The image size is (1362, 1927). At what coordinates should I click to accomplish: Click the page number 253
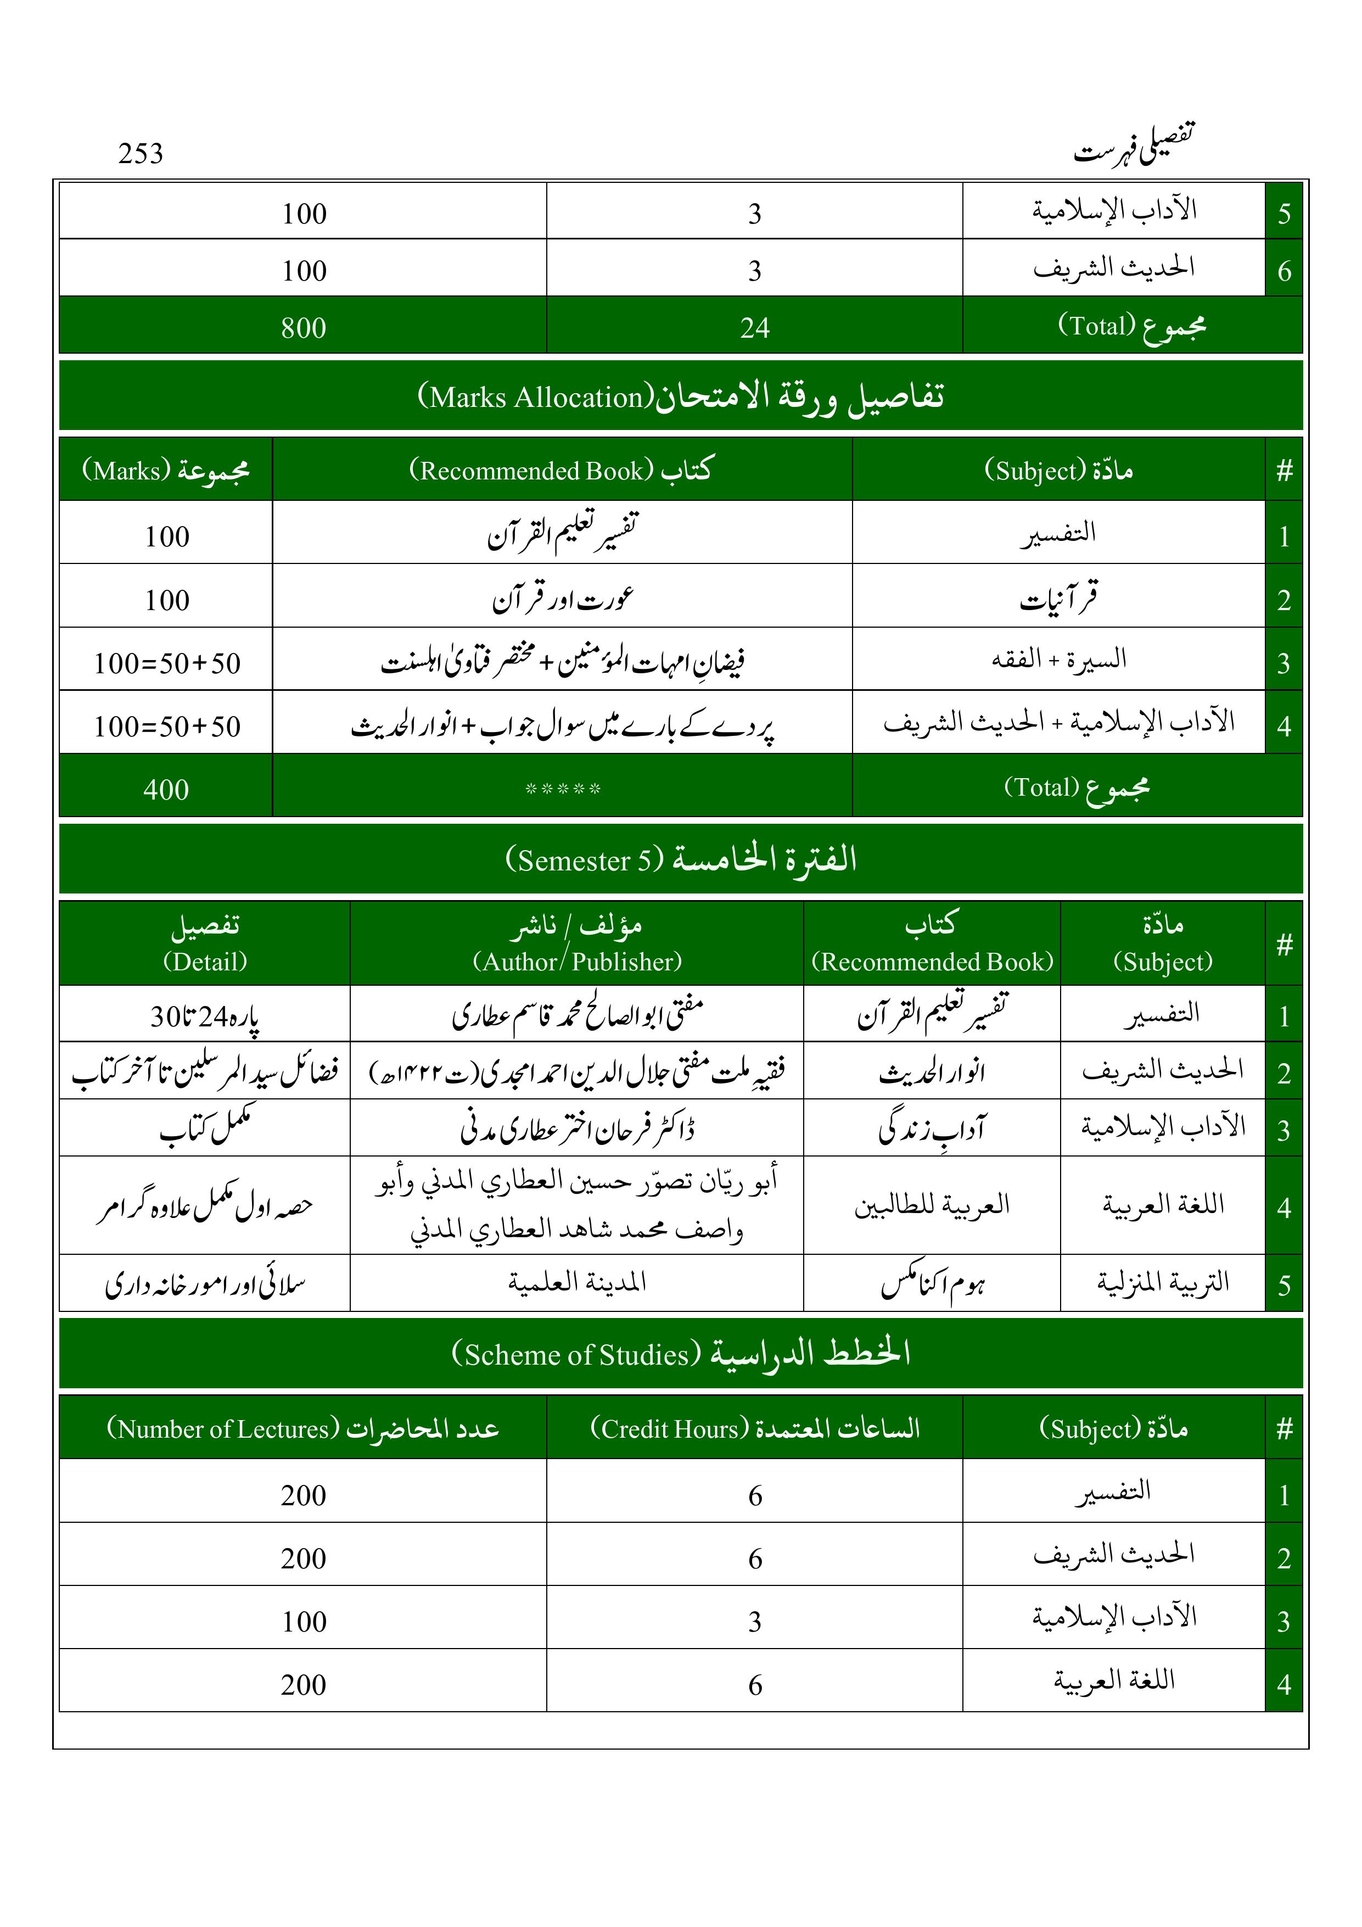click(x=140, y=154)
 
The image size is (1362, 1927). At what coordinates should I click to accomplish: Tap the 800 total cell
click(x=303, y=327)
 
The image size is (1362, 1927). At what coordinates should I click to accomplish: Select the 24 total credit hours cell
click(x=754, y=327)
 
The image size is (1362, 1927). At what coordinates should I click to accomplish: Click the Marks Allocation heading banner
click(x=681, y=396)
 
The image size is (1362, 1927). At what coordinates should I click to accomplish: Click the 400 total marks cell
click(x=166, y=789)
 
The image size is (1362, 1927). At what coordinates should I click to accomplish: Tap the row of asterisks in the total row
click(x=562, y=789)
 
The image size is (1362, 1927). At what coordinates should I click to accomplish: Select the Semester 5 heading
click(x=681, y=859)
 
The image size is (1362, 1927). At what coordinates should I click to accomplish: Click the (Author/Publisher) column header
click(x=578, y=961)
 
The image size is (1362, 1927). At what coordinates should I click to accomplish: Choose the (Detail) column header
click(x=205, y=961)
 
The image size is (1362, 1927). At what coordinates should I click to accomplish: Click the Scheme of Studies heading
click(x=681, y=1354)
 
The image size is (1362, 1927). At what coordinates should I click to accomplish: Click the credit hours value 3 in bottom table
click(x=754, y=1622)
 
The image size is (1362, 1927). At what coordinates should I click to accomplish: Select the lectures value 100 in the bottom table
click(x=303, y=1622)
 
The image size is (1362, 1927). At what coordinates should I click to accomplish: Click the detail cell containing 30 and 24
click(x=205, y=1016)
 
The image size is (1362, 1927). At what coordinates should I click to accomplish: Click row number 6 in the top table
click(x=1283, y=270)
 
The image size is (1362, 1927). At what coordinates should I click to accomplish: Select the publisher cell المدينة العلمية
click(x=578, y=1282)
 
